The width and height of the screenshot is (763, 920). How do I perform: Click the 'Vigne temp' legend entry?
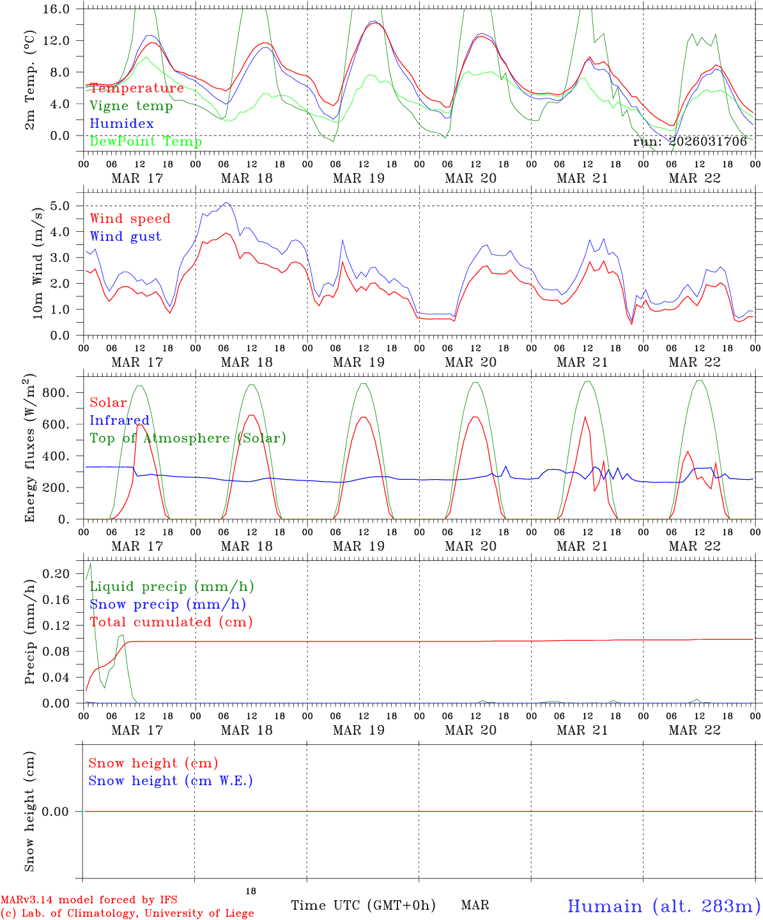(x=131, y=106)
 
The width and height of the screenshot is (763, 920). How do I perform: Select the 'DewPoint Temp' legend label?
(x=146, y=142)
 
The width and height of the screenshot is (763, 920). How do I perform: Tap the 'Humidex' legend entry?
(x=121, y=124)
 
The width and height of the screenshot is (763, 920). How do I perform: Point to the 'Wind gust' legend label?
(x=125, y=236)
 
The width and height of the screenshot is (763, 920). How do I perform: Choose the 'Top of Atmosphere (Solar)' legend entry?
(x=188, y=438)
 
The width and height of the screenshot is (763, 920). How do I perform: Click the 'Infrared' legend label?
(x=119, y=420)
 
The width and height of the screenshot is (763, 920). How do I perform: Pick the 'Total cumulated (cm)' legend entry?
(x=171, y=622)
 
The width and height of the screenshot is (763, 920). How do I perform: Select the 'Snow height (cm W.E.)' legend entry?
(x=171, y=781)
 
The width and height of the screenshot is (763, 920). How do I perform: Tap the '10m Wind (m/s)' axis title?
(x=38, y=262)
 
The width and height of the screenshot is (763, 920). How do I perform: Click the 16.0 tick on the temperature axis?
(x=58, y=10)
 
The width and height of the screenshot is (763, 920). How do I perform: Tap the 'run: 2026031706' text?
(x=690, y=142)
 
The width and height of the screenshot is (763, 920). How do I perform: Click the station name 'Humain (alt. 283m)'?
(x=664, y=906)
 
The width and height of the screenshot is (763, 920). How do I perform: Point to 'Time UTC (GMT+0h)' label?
(x=363, y=905)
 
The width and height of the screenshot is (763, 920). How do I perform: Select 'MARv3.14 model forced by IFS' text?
(x=89, y=900)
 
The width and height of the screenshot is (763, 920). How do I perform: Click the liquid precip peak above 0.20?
(x=90, y=564)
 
